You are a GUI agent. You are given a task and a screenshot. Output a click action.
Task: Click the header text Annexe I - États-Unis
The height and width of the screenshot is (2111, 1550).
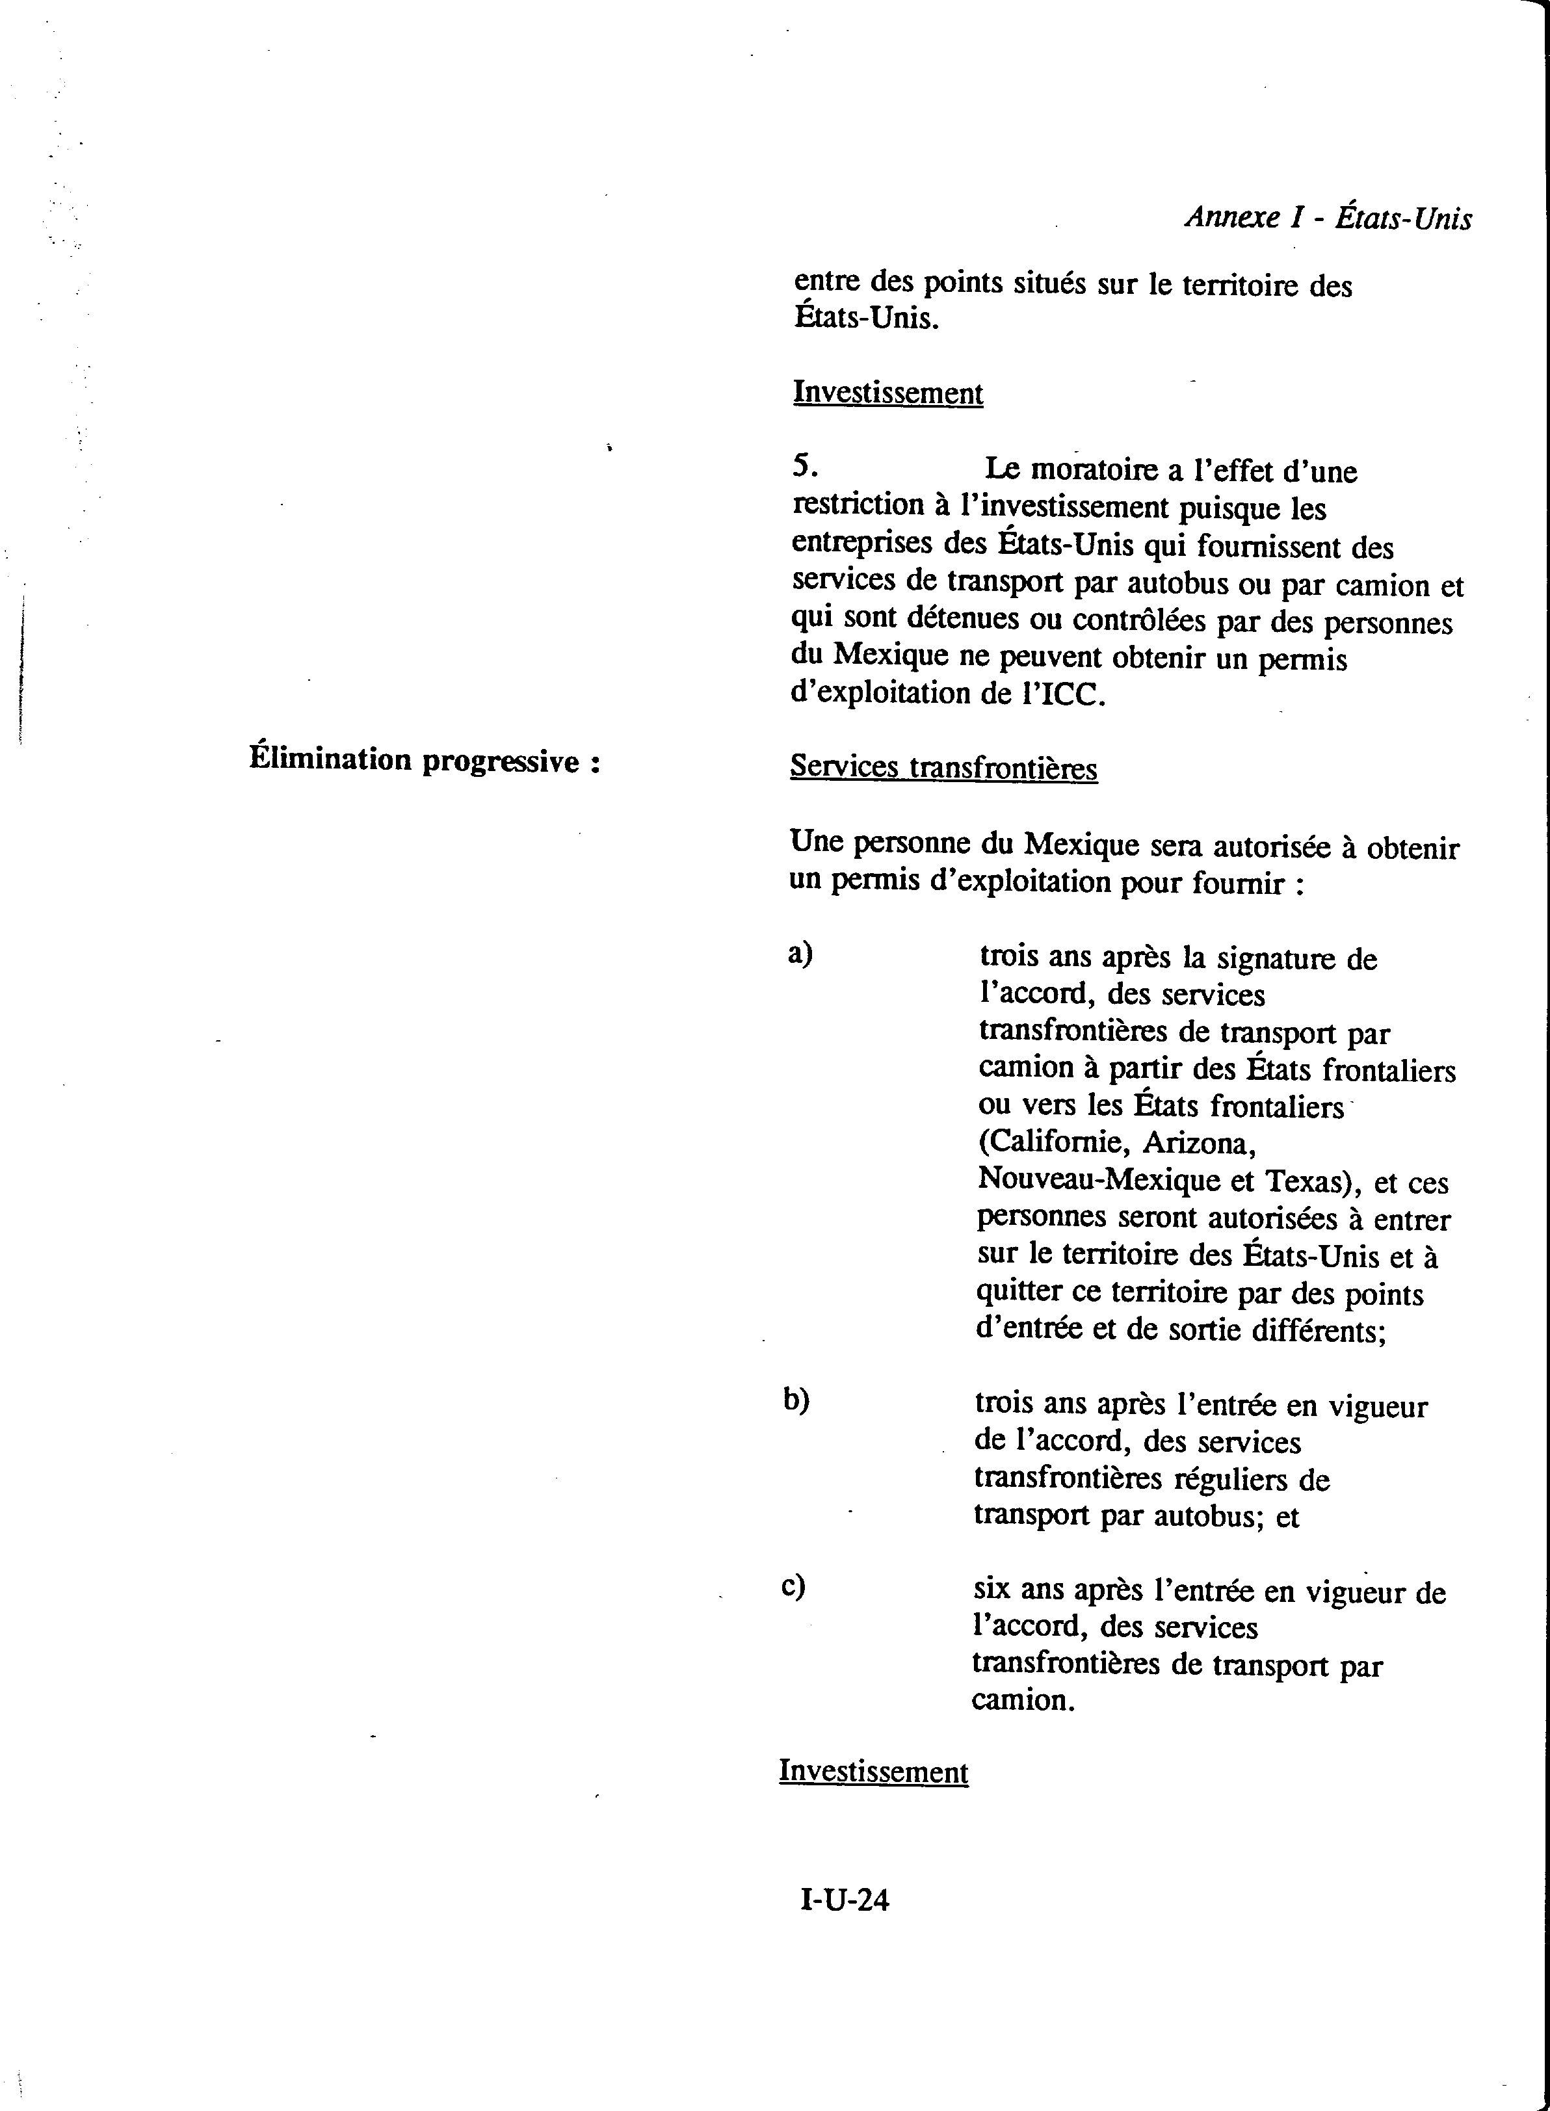point(1328,218)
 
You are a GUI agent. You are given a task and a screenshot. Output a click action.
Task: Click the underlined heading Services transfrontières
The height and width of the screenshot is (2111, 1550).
point(943,767)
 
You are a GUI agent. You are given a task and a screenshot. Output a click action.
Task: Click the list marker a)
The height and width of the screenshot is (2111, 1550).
point(800,953)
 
